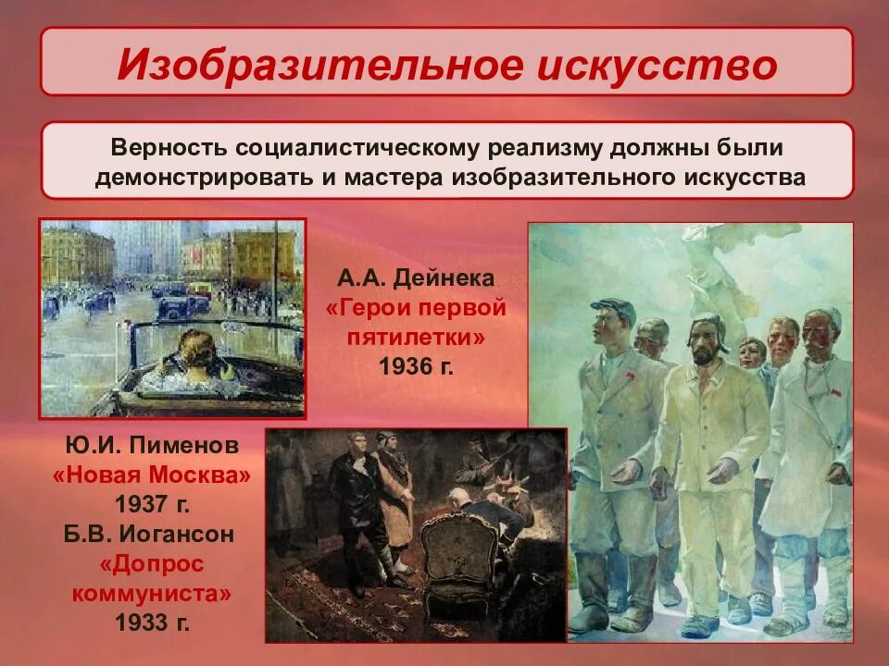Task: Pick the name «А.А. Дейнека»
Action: [x=417, y=278]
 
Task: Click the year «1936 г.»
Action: [x=417, y=366]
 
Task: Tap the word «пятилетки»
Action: [x=417, y=338]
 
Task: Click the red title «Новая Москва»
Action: [x=151, y=475]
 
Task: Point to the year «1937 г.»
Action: [x=152, y=505]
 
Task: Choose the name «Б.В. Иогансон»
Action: [x=151, y=535]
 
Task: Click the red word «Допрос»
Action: [x=151, y=563]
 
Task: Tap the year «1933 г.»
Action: [x=152, y=623]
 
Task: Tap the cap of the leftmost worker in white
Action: [x=613, y=307]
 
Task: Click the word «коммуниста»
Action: [x=151, y=593]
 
